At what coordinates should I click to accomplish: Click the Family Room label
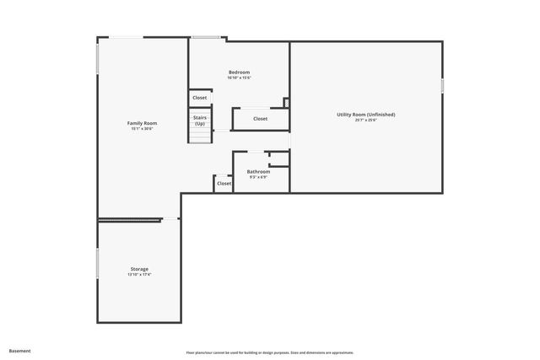click(x=142, y=123)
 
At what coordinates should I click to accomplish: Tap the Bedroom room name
click(x=239, y=73)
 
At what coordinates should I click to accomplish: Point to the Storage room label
click(x=139, y=269)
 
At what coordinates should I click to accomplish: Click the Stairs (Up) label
click(x=200, y=121)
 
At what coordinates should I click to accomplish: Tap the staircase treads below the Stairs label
click(x=200, y=135)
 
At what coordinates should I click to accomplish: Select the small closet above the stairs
click(x=199, y=98)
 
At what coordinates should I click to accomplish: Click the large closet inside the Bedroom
click(x=260, y=119)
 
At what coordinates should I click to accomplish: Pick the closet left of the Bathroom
click(x=224, y=183)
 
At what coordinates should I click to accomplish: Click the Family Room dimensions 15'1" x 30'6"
click(x=142, y=129)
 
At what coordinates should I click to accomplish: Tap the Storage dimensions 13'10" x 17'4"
click(x=139, y=275)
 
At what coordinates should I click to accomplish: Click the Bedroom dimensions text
click(x=239, y=78)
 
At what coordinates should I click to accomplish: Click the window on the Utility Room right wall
click(x=441, y=86)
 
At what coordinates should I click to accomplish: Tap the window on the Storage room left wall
click(x=98, y=263)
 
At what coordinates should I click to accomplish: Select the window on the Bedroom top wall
click(x=205, y=37)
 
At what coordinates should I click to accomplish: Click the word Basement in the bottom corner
click(x=20, y=351)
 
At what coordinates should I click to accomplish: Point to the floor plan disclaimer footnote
click(x=269, y=352)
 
